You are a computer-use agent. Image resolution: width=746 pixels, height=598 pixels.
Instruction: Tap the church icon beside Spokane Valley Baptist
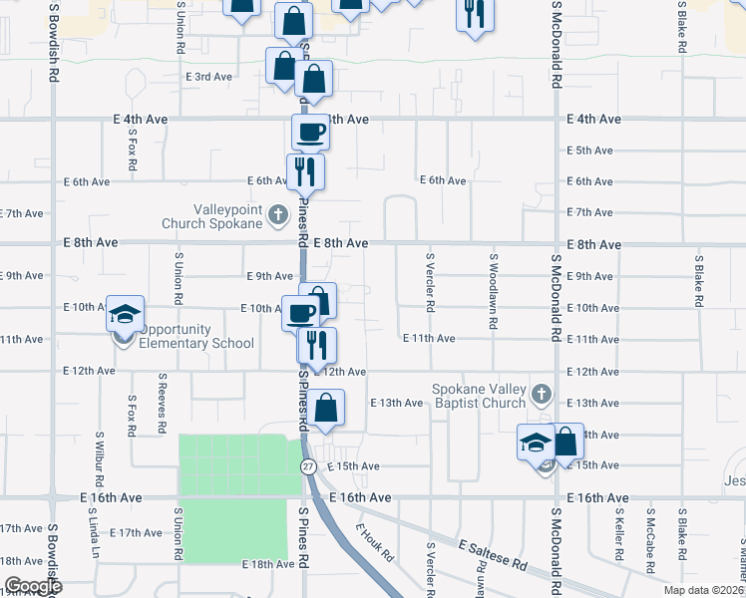tap(540, 393)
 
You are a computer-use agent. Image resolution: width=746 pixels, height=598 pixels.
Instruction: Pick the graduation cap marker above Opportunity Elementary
tap(126, 314)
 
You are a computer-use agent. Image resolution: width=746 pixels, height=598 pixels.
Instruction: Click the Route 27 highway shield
tap(308, 466)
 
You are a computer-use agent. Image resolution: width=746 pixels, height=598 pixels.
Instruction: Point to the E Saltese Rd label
tap(494, 555)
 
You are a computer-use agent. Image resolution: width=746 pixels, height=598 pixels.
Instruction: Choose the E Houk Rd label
tap(376, 542)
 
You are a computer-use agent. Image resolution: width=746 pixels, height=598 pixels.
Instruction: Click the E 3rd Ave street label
tap(208, 77)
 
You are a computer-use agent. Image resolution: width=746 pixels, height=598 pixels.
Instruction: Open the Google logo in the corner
tap(33, 586)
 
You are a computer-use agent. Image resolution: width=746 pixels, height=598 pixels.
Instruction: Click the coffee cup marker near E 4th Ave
tap(309, 132)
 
